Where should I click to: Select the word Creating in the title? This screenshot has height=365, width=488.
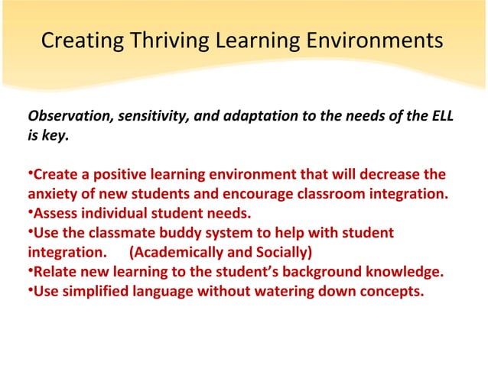tap(76, 40)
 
